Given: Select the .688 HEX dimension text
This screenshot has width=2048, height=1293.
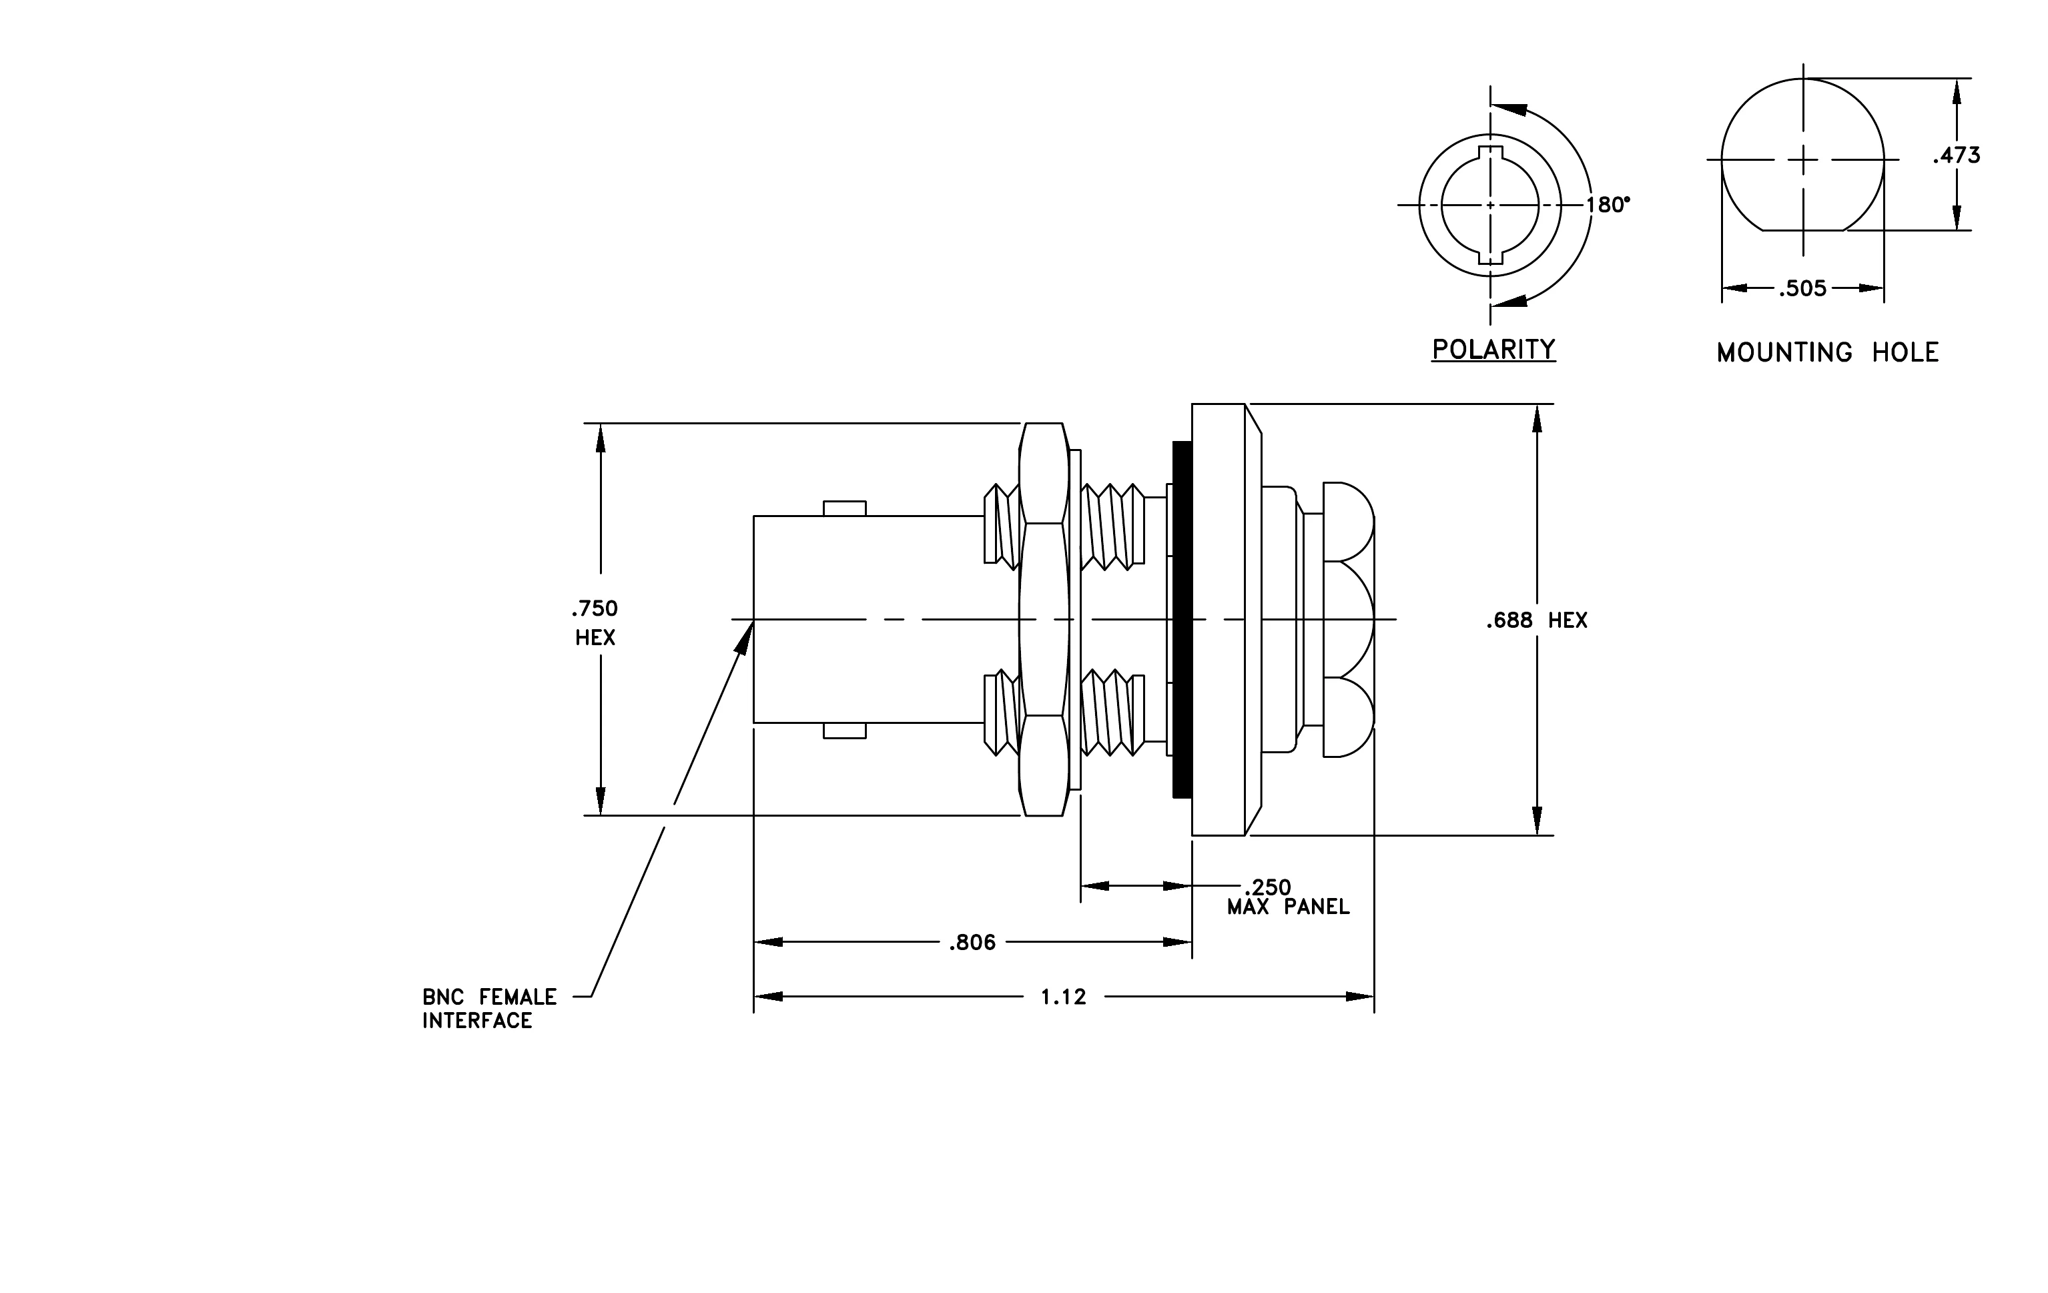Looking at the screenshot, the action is tap(1537, 620).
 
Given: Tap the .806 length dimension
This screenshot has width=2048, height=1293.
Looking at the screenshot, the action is tap(972, 942).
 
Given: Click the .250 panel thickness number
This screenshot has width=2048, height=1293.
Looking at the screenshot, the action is tap(1267, 887).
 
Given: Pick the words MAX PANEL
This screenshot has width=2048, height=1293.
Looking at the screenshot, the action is tap(1288, 908).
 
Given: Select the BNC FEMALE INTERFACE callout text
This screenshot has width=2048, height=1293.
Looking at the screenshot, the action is tap(489, 1008).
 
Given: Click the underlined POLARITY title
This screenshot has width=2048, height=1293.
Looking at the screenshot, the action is tap(1493, 350).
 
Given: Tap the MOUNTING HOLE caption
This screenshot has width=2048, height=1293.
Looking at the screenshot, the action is tap(1828, 352).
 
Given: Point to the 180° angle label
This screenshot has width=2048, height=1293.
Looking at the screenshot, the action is tap(1608, 205).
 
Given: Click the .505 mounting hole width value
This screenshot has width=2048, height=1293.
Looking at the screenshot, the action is tap(1802, 288).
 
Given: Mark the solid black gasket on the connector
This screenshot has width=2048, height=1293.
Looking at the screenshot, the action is tap(1181, 620).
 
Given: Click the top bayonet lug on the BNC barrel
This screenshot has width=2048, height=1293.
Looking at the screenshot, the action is tap(845, 508).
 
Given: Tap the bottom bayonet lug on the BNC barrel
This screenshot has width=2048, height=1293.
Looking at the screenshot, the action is tap(845, 731).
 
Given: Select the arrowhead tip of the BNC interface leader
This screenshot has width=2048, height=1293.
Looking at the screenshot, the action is tap(753, 621).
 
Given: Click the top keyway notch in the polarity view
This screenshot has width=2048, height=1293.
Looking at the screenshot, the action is tap(1491, 153).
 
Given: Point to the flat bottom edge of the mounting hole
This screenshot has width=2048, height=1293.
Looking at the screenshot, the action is tap(1802, 230).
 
